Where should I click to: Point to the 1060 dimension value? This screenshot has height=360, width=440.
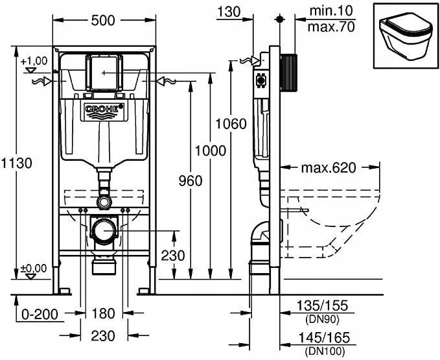pos(231,123)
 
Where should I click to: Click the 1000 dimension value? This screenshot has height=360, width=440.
pos(210,151)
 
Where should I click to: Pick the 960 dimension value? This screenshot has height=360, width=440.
pos(189,180)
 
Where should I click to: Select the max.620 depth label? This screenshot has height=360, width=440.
pos(329,168)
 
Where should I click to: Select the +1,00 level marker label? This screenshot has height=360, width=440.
pos(35,60)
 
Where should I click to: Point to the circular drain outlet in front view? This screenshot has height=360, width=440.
pos(103,230)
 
